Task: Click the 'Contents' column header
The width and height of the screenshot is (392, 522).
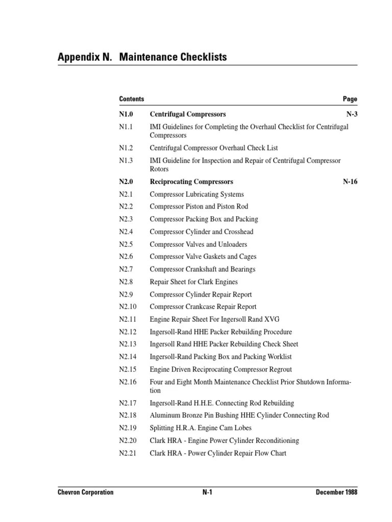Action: [x=131, y=99]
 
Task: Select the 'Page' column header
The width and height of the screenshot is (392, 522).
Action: [x=350, y=99]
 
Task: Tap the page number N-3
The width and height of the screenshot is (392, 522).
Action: [x=352, y=114]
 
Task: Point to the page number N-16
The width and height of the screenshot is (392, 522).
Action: [x=350, y=181]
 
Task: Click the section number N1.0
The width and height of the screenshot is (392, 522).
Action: [x=127, y=114]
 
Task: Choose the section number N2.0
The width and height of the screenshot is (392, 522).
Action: [x=127, y=181]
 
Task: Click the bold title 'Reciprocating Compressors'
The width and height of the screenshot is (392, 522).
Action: [x=191, y=181]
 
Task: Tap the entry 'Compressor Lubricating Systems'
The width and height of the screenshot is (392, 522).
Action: [x=197, y=194]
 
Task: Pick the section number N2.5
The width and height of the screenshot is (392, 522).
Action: [x=127, y=244]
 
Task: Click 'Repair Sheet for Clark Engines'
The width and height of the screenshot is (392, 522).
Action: [x=193, y=281]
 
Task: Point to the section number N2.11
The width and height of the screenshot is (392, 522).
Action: [x=128, y=319]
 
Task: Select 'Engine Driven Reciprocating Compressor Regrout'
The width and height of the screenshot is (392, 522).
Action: [x=220, y=369]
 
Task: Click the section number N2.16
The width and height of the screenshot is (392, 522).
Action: [x=128, y=382]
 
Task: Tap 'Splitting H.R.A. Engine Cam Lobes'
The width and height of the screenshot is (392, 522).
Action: [x=200, y=428]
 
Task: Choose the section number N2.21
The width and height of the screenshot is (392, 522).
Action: [x=128, y=453]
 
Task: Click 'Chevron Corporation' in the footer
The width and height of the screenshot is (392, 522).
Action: [x=85, y=492]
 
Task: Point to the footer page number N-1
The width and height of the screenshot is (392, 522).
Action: [x=207, y=492]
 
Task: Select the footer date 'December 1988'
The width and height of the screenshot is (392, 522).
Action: [x=336, y=492]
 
